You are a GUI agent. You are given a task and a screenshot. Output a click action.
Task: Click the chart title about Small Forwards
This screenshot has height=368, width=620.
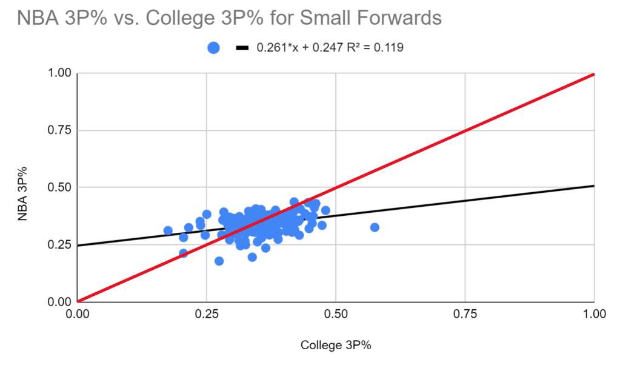229,19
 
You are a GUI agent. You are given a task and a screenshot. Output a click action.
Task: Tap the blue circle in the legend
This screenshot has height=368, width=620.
213,48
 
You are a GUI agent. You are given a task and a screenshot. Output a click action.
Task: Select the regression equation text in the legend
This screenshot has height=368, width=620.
330,48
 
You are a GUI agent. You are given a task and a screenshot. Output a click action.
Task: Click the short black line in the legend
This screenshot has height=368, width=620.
242,48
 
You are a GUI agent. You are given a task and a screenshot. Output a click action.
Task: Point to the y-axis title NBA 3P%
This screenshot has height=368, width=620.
22,188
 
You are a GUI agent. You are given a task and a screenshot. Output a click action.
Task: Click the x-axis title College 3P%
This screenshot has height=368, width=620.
335,345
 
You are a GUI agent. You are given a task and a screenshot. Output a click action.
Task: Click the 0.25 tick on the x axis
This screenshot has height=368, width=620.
207,314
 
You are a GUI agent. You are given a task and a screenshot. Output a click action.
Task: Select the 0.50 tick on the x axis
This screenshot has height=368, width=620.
336,314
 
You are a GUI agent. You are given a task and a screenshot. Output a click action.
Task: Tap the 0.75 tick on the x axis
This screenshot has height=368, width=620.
465,314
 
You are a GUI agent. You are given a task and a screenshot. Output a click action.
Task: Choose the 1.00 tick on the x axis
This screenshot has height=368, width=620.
594,314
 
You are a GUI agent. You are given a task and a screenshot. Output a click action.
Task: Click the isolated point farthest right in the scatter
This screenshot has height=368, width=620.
375,227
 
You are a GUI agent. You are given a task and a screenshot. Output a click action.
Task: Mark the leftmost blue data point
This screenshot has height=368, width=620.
168,230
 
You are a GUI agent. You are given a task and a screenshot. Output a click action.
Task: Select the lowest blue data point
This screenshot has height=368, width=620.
219,261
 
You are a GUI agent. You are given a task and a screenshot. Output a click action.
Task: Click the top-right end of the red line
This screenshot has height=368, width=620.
593,74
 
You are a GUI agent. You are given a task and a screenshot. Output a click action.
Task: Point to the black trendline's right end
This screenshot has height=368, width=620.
593,186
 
